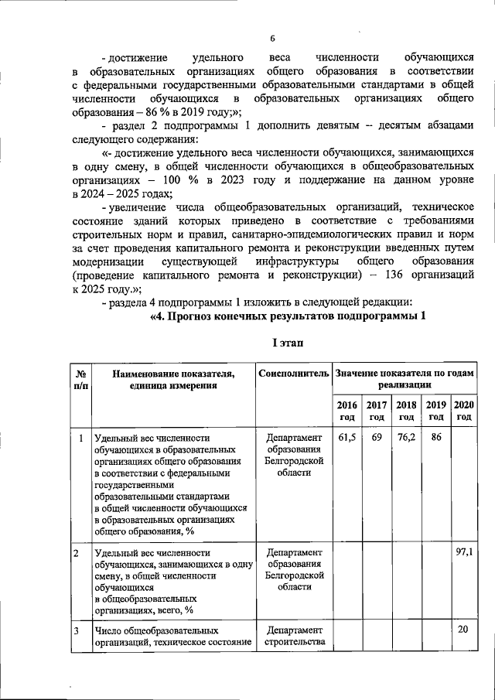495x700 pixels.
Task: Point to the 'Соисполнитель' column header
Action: point(293,374)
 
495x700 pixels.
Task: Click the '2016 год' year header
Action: point(347,411)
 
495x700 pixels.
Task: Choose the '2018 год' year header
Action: point(406,411)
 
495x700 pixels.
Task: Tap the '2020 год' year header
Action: point(463,411)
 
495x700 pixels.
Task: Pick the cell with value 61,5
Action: point(347,438)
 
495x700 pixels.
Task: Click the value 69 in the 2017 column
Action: point(377,438)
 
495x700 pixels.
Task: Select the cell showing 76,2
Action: point(406,438)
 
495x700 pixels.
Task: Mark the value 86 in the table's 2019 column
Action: point(435,438)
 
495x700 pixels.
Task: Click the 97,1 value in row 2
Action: point(463,553)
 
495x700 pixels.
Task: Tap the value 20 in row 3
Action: point(463,630)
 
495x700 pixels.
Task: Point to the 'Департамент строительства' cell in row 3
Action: point(293,636)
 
